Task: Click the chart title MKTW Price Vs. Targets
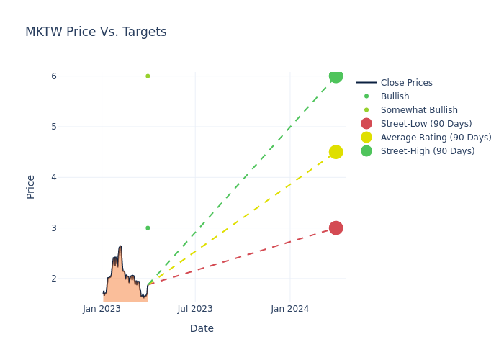[96, 32]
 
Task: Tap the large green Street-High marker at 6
[336, 76]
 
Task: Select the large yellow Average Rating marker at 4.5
[336, 152]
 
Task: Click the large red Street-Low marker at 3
[336, 228]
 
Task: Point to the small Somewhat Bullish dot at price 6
[148, 76]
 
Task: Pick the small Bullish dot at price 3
[148, 228]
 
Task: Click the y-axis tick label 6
[53, 76]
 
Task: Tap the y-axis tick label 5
[53, 127]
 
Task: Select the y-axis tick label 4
[53, 177]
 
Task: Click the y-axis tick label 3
[53, 228]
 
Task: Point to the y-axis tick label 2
[53, 279]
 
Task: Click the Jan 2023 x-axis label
[102, 309]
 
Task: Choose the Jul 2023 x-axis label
[195, 309]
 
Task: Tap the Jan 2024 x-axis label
[290, 309]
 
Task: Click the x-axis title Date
[202, 328]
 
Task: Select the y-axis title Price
[31, 186]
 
